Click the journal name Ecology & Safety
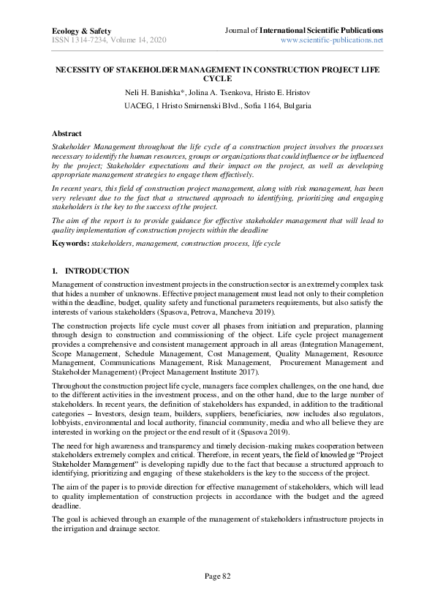(81, 31)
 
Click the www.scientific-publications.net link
(332, 40)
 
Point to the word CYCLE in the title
(217, 78)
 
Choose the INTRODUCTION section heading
(97, 271)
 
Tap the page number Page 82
(217, 576)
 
